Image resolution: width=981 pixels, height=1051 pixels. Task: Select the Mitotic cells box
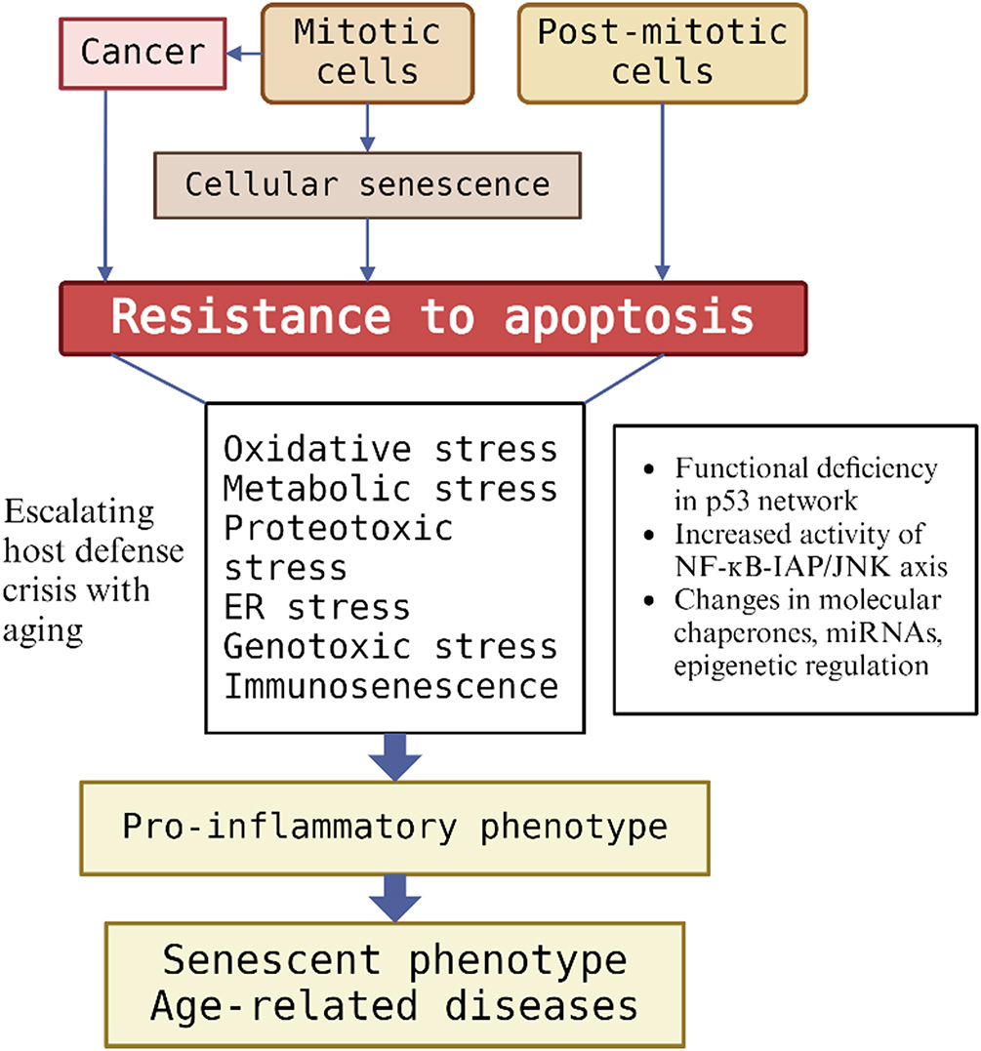(368, 52)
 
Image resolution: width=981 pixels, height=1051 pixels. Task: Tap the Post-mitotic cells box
(663, 52)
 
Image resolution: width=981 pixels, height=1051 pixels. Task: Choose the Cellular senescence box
(367, 183)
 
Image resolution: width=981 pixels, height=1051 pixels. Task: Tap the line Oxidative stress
(390, 449)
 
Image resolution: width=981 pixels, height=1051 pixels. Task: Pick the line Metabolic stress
(390, 488)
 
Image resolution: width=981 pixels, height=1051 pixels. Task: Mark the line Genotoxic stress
(390, 646)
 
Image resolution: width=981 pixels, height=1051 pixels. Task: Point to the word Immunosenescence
(390, 686)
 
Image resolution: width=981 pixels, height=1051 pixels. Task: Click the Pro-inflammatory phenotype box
(395, 827)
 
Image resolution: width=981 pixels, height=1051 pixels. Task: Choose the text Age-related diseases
(395, 1005)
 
